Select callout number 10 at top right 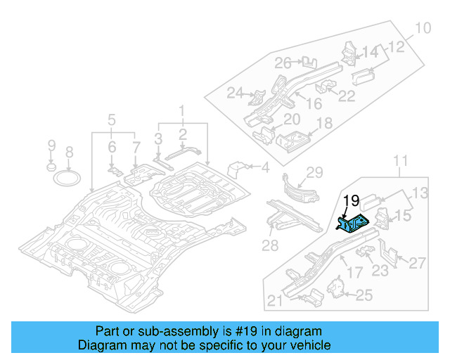click(422, 29)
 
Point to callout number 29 click(314, 173)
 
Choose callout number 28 click(271, 244)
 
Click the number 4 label click(265, 167)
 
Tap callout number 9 click(51, 146)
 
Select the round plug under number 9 click(51, 168)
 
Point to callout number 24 click(235, 92)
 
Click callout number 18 click(323, 124)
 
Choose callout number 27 click(417, 264)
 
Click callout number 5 click(111, 119)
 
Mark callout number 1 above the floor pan click(181, 110)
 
